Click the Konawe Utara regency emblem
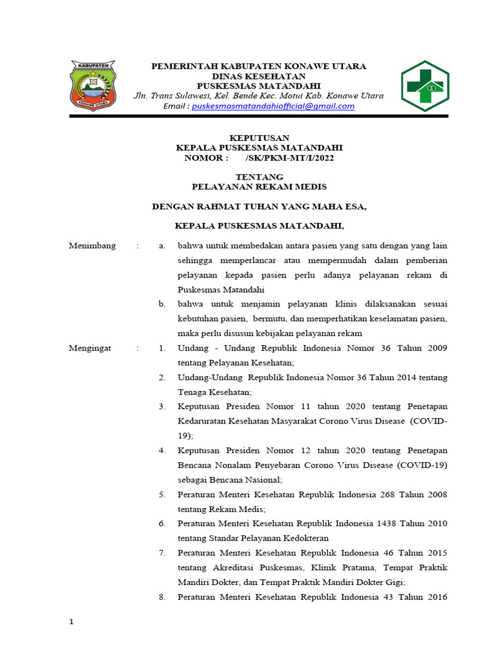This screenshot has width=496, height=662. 94,86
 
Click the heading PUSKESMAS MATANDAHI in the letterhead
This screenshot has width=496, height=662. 258,86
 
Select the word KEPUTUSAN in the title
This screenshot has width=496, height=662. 260,138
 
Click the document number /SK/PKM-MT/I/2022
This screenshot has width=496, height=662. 290,157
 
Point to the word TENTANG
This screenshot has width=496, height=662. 260,176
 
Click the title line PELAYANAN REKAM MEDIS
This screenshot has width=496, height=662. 260,187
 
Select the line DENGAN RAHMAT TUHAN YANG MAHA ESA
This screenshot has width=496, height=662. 259,207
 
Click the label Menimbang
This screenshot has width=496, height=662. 92,246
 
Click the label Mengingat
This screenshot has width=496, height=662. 90,348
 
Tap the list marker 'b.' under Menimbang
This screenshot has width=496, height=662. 163,304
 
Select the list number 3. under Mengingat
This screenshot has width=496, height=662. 163,407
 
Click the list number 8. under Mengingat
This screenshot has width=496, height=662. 163,597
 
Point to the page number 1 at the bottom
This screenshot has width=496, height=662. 72,622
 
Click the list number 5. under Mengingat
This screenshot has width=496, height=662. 163,495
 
